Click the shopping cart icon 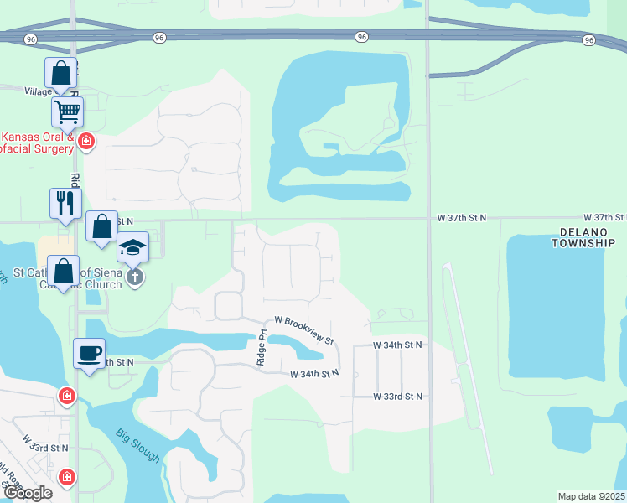pyautogui.click(x=67, y=111)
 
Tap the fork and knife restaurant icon pyautogui.click(x=65, y=202)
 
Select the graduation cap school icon pyautogui.click(x=132, y=247)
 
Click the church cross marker pyautogui.click(x=135, y=276)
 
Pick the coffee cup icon pyautogui.click(x=89, y=353)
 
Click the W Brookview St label pyautogui.click(x=304, y=330)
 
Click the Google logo pyautogui.click(x=27, y=493)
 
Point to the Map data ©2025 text pyautogui.click(x=591, y=496)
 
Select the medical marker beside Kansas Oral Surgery pyautogui.click(x=85, y=142)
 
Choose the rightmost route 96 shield pyautogui.click(x=589, y=39)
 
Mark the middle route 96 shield pyautogui.click(x=361, y=37)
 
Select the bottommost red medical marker pyautogui.click(x=66, y=477)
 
